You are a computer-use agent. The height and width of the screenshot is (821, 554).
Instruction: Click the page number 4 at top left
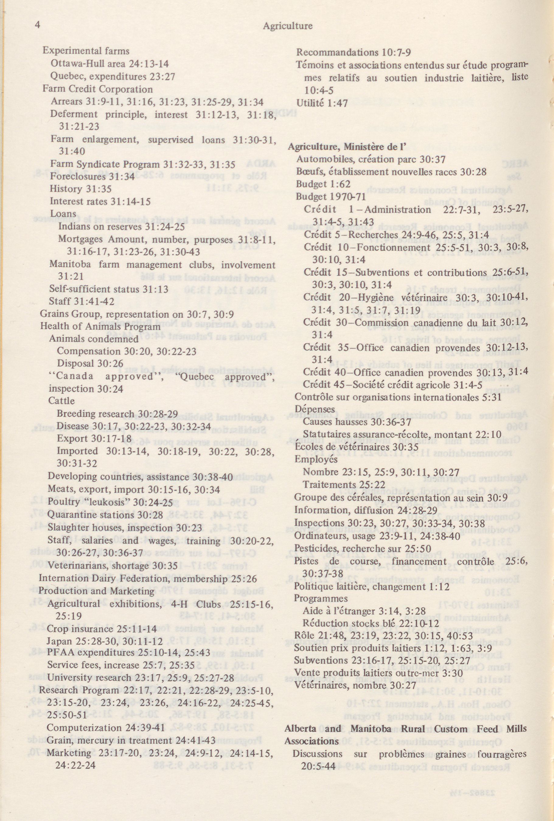click(x=38, y=25)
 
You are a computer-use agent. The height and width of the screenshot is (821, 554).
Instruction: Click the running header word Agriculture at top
click(x=287, y=26)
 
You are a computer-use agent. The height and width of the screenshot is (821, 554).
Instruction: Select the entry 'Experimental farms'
click(x=86, y=51)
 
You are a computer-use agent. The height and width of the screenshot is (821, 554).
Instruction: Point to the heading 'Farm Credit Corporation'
click(x=98, y=89)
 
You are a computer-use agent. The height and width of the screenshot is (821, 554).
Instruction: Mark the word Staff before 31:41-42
click(x=58, y=302)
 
